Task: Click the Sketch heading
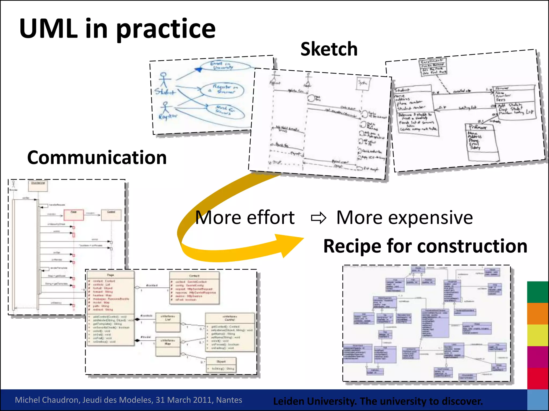click(329, 49)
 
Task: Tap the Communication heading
click(97, 158)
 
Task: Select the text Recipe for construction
click(425, 246)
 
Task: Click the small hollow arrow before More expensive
click(318, 218)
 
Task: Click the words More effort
click(245, 218)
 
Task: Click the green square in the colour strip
click(537, 292)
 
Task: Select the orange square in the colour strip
click(537, 314)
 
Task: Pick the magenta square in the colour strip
click(537, 357)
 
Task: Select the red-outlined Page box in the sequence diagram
click(73, 215)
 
